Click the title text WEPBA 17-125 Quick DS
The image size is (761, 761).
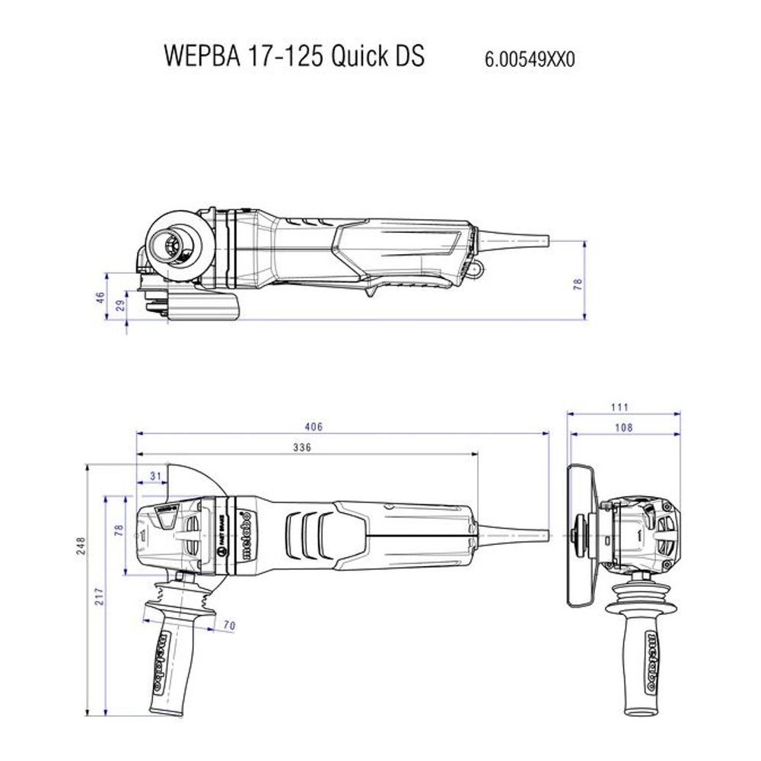click(294, 57)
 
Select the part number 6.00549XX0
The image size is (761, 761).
click(530, 59)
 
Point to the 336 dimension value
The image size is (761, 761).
click(302, 448)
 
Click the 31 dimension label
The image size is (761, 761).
click(155, 476)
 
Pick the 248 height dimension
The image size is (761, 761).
click(81, 545)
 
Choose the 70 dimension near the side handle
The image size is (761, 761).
click(229, 626)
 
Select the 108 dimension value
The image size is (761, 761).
click(623, 428)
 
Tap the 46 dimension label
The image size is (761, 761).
click(100, 298)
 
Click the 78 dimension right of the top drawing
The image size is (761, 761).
click(578, 283)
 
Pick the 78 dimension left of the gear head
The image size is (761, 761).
click(118, 530)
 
